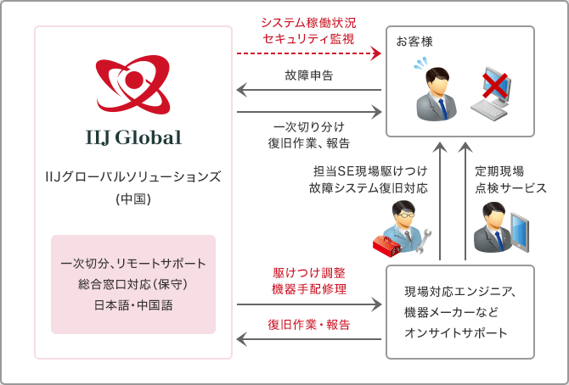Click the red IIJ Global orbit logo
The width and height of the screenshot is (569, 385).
pyautogui.click(x=133, y=85)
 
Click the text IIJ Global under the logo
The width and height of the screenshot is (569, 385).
pyautogui.click(x=133, y=137)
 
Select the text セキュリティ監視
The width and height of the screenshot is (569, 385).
pyautogui.click(x=308, y=38)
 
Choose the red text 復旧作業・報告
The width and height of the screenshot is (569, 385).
pyautogui.click(x=308, y=324)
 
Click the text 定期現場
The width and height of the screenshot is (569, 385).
pyautogui.click(x=499, y=170)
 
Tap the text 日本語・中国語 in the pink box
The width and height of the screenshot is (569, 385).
pyautogui.click(x=133, y=304)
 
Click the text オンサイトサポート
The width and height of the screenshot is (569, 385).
pyautogui.click(x=456, y=332)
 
